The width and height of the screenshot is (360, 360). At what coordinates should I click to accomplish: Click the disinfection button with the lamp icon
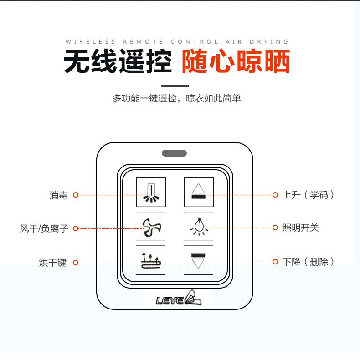point(151,192)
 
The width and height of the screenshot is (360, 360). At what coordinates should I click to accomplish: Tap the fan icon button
point(150,226)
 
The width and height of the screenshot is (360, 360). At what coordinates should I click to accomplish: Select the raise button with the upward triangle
point(199,192)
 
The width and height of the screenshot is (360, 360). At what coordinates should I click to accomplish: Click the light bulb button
point(198,226)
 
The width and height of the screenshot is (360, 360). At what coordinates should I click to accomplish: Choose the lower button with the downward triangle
point(198,260)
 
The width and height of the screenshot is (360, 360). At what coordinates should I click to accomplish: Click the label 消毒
point(59,195)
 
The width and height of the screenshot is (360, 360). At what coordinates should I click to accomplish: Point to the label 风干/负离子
point(44,228)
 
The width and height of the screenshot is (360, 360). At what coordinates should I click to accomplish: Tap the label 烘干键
point(53,263)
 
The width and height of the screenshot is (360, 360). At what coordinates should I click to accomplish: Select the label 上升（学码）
point(308,195)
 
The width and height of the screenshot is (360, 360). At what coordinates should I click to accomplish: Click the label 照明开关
point(300,228)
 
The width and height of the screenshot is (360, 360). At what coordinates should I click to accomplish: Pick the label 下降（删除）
point(308,262)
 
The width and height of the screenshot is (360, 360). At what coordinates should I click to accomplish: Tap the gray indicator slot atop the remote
point(174,153)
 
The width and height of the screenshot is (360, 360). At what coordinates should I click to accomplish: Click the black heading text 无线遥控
point(118,61)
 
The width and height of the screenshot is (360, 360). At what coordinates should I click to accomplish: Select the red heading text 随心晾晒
point(236,61)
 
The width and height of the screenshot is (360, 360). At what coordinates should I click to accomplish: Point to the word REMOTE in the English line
point(143,41)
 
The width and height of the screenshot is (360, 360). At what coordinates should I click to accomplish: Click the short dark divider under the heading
point(175,86)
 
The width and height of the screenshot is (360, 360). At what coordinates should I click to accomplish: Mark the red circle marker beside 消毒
point(76,195)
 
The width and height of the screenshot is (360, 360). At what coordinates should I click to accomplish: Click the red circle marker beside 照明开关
point(275,228)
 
